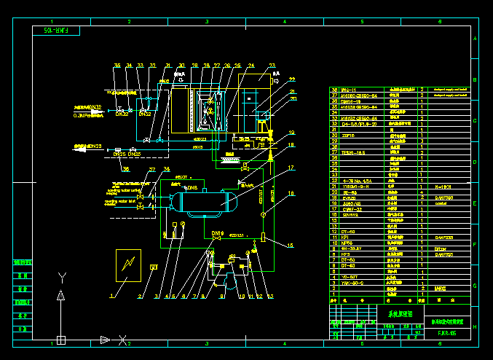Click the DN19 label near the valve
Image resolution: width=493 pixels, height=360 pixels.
(216, 232)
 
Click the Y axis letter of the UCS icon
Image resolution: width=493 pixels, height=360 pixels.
(61, 276)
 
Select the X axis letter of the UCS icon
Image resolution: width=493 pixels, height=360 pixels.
(124, 340)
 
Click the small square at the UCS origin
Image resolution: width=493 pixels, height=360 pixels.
(61, 340)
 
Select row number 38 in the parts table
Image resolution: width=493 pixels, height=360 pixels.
(334, 90)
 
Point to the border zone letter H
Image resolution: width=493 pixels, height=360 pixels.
(475, 325)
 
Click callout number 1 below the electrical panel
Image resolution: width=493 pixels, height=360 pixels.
(112, 297)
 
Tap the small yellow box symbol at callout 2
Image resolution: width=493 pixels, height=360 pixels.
(154, 267)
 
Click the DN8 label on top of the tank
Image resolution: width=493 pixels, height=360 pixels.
(191, 188)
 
